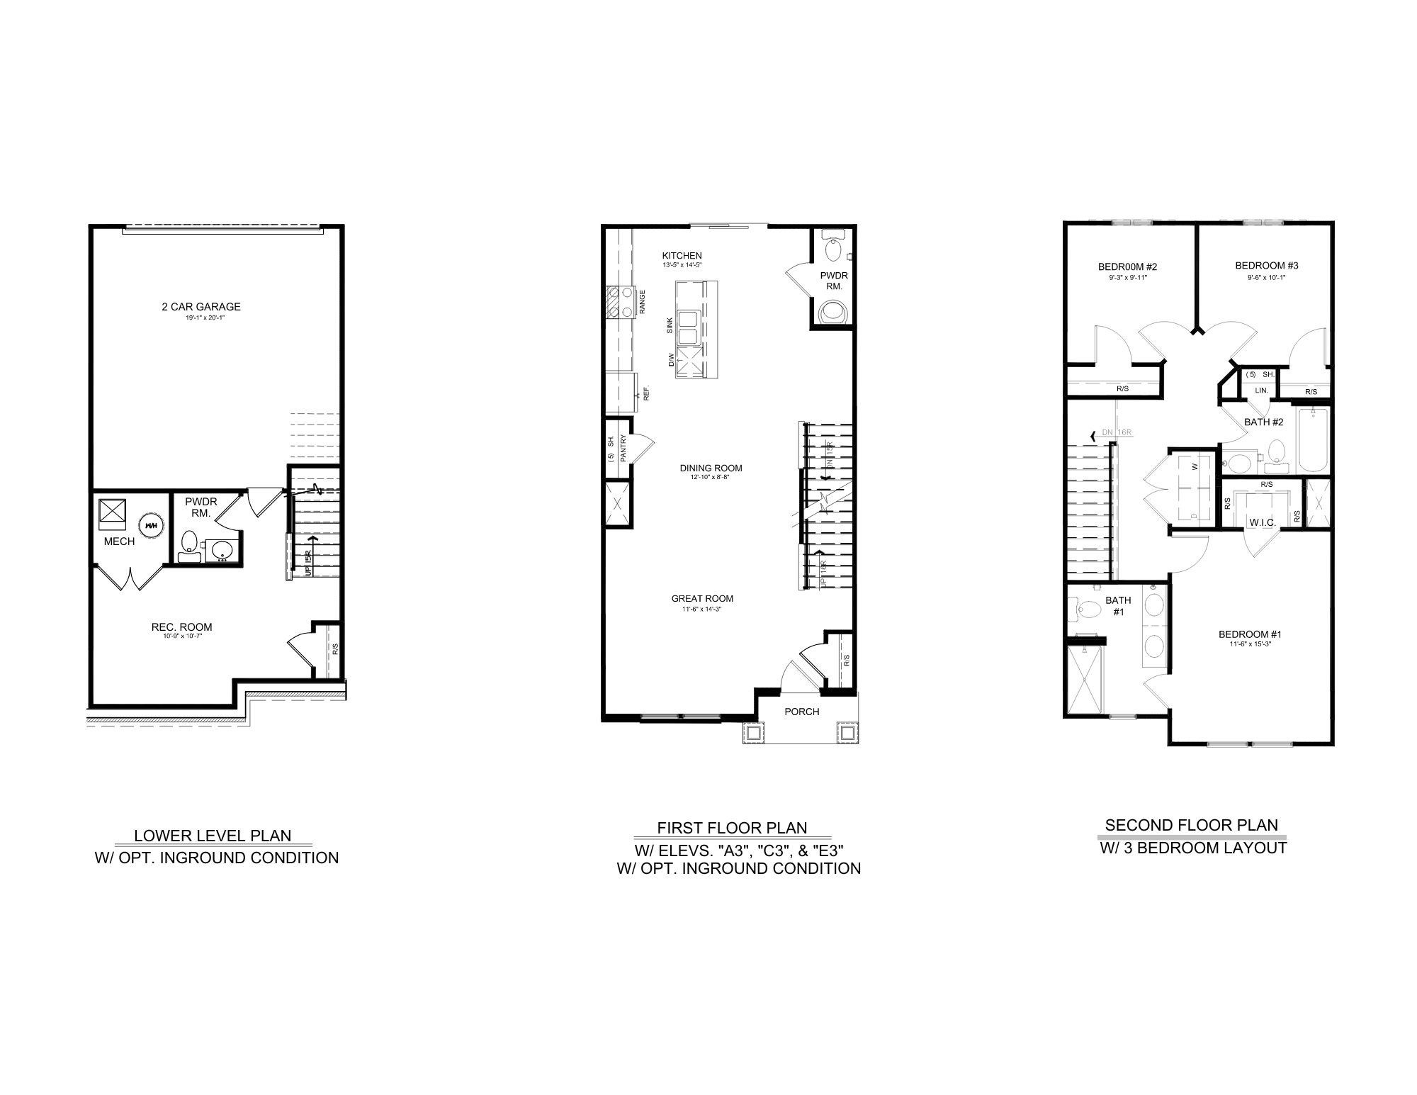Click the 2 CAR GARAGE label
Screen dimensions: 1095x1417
point(201,307)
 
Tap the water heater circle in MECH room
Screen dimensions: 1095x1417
point(150,525)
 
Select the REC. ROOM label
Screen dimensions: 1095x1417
point(181,627)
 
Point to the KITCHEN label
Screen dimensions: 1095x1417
point(682,256)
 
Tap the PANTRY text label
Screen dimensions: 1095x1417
point(623,449)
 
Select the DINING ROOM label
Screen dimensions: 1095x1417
point(711,468)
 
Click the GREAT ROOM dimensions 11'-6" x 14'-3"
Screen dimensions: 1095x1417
point(702,609)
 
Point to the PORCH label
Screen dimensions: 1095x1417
point(802,712)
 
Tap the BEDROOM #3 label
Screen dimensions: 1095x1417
point(1267,266)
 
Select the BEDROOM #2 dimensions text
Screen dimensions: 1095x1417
point(1127,278)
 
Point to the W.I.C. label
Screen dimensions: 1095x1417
point(1263,522)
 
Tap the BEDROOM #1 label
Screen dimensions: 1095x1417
point(1250,634)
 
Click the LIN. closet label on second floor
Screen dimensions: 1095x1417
point(1261,391)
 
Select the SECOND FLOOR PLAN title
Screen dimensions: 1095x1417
point(1192,825)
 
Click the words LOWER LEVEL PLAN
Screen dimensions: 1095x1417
point(213,836)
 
